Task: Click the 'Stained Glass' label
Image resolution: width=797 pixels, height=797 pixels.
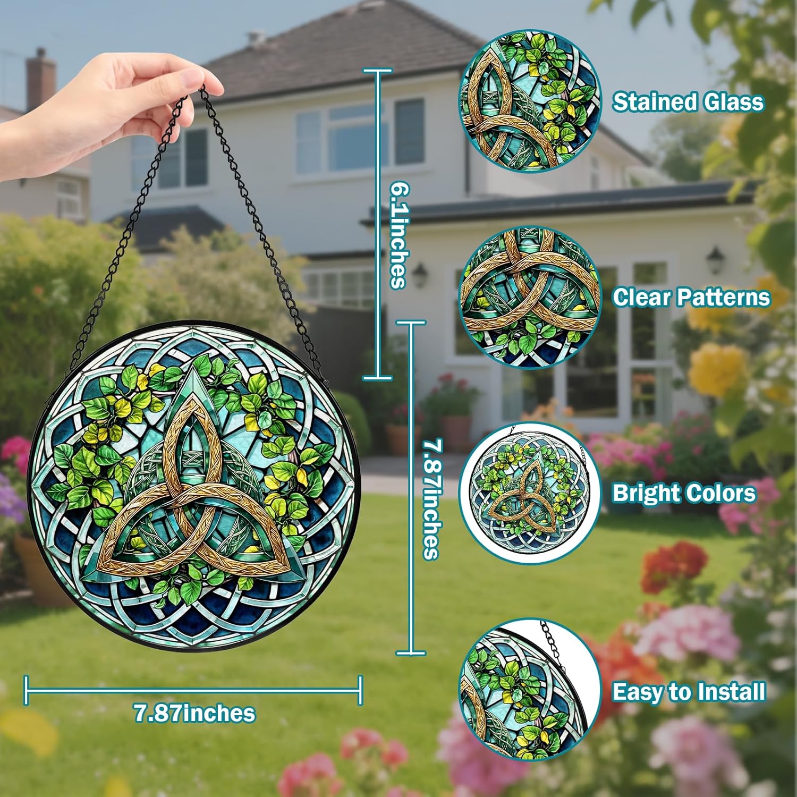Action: [x=688, y=101]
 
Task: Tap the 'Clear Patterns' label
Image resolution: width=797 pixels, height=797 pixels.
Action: [x=691, y=297]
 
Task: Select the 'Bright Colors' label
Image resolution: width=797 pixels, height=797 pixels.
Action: [x=684, y=493]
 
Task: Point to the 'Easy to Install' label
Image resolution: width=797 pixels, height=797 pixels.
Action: [x=689, y=692]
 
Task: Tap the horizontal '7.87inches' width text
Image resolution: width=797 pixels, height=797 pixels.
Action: [x=194, y=713]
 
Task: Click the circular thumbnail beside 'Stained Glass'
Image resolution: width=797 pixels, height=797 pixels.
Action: [x=530, y=101]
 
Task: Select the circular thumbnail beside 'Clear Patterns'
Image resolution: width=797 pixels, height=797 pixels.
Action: [x=530, y=297]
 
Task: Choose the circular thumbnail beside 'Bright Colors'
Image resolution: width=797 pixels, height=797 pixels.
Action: [x=530, y=494]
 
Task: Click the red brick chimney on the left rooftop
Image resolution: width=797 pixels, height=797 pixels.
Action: [x=41, y=80]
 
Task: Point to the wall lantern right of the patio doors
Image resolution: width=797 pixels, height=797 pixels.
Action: [x=715, y=260]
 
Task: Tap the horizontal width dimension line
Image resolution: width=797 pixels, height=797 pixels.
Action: [x=194, y=690]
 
